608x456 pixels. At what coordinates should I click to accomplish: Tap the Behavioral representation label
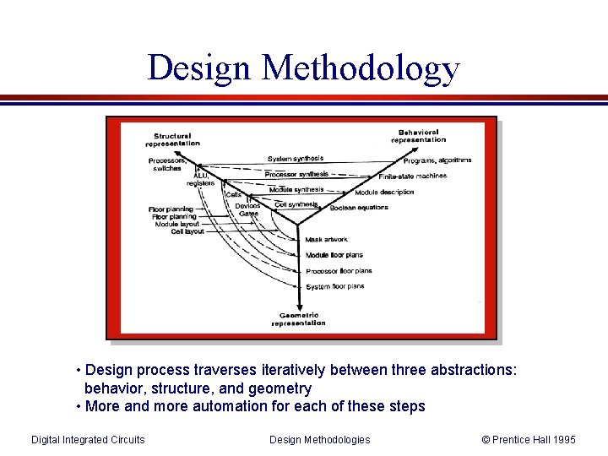pyautogui.click(x=419, y=136)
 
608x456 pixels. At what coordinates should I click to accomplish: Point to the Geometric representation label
pyautogui.click(x=298, y=319)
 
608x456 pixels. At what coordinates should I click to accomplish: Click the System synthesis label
pyautogui.click(x=296, y=159)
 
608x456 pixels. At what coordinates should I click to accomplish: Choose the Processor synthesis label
pyautogui.click(x=296, y=175)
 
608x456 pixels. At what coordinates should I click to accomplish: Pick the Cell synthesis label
pyautogui.click(x=296, y=204)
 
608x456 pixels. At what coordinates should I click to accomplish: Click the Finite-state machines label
pyautogui.click(x=412, y=176)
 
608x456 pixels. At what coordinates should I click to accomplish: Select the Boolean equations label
pyautogui.click(x=360, y=208)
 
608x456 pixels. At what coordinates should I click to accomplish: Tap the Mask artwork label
pyautogui.click(x=326, y=240)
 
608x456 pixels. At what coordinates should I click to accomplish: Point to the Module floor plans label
pyautogui.click(x=334, y=255)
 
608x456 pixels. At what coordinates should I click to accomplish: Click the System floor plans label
pyautogui.click(x=335, y=286)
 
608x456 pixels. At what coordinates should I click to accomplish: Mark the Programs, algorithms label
pyautogui.click(x=437, y=160)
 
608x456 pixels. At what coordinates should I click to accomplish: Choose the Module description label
pyautogui.click(x=384, y=193)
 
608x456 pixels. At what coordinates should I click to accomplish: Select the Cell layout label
pyautogui.click(x=187, y=231)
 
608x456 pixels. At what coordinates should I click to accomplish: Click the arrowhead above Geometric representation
pyautogui.click(x=298, y=307)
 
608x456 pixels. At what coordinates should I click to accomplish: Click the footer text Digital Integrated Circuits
pyautogui.click(x=88, y=439)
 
